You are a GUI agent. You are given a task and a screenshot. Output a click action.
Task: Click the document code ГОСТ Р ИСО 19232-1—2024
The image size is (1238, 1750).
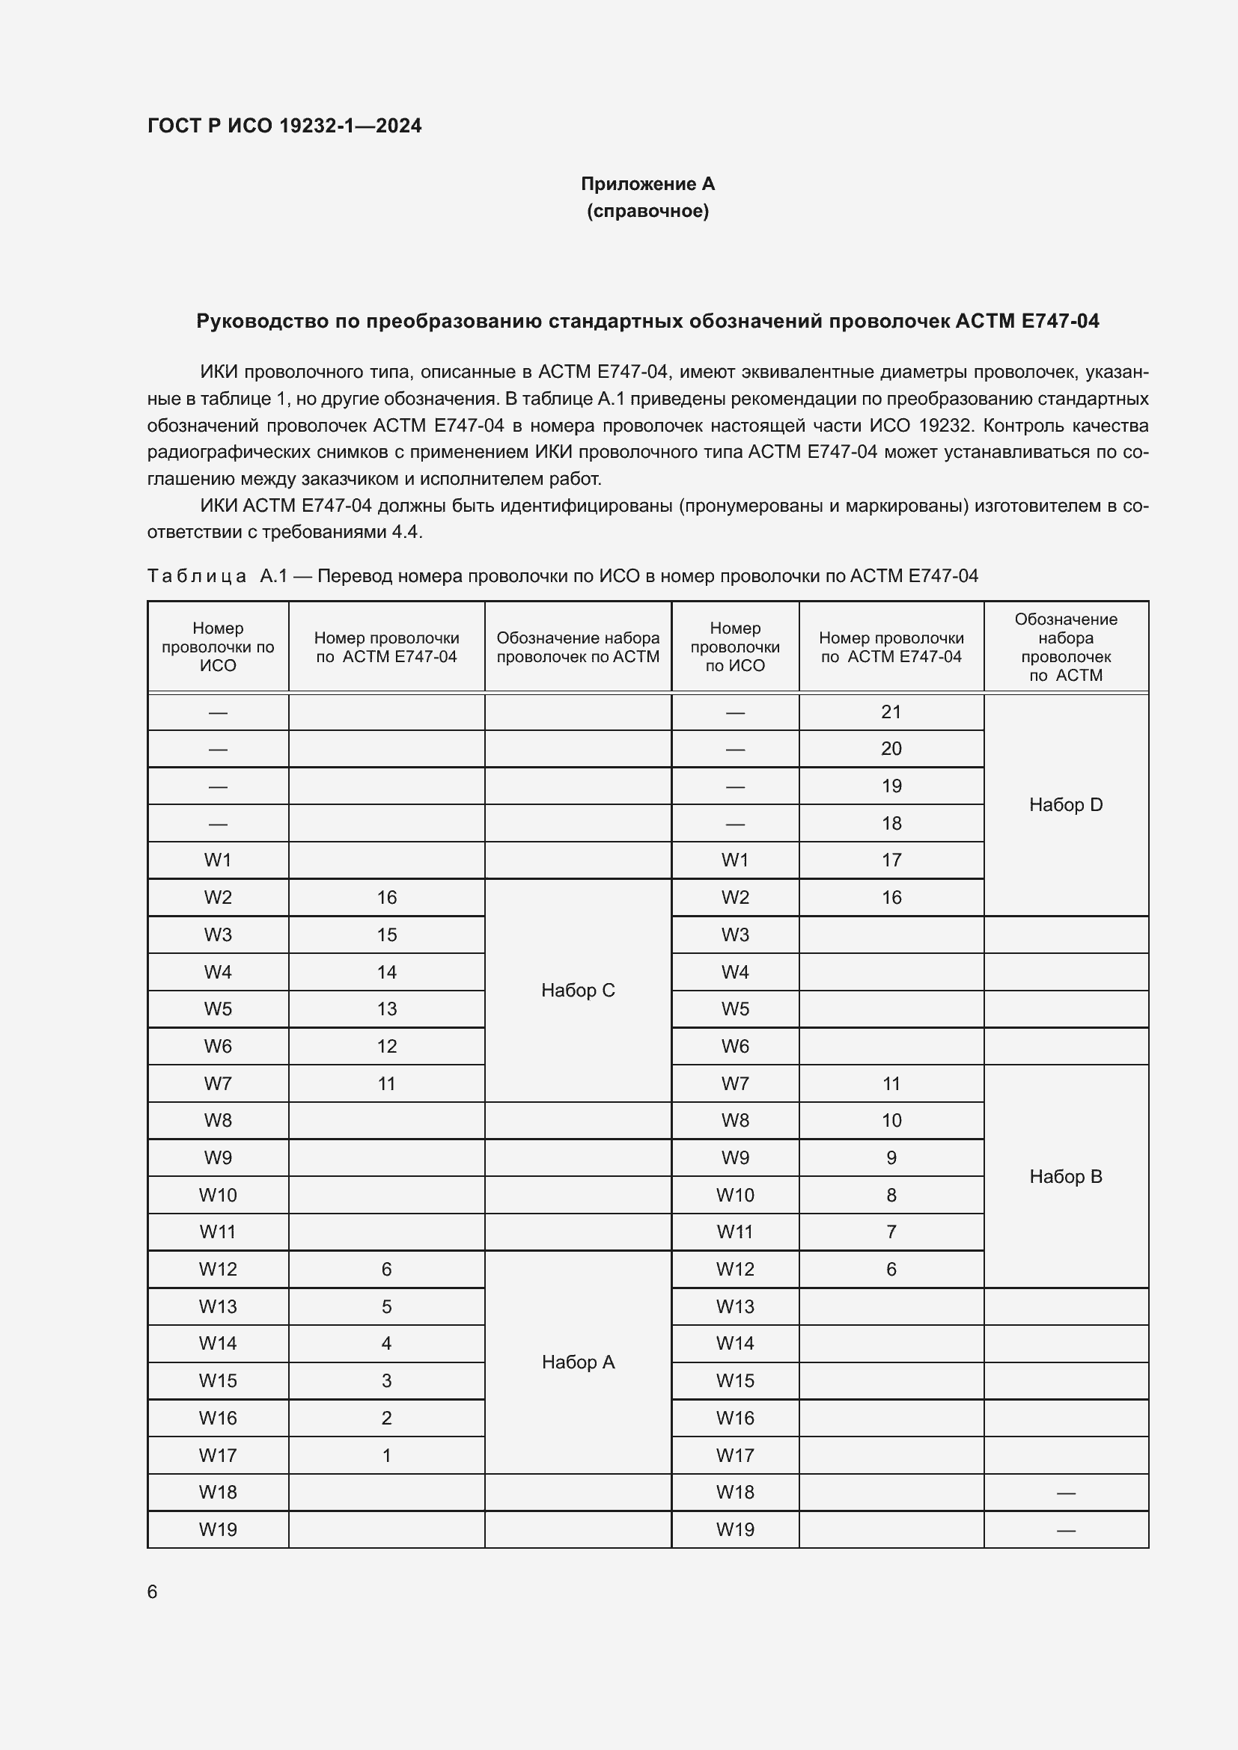(284, 126)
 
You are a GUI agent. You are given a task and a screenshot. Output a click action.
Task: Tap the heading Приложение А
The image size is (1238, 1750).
(647, 184)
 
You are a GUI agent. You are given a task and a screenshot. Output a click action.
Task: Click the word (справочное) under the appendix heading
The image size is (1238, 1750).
(647, 211)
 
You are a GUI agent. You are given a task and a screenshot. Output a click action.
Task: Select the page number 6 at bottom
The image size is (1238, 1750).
(153, 1591)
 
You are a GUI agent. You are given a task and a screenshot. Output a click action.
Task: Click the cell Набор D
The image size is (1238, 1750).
(1065, 805)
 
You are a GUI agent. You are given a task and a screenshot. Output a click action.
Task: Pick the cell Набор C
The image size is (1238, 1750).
(577, 990)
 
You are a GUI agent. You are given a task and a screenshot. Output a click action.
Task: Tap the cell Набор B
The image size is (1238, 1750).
(1065, 1176)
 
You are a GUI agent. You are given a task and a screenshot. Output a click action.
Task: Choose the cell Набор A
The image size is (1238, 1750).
(577, 1362)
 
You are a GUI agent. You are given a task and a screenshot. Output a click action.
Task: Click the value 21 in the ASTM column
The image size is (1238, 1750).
(891, 712)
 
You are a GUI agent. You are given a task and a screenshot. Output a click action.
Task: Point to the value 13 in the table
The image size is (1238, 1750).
(386, 1009)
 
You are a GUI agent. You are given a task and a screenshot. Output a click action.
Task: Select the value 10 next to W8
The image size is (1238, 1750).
(891, 1121)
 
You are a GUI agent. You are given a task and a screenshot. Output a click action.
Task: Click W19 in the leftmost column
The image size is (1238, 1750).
(218, 1530)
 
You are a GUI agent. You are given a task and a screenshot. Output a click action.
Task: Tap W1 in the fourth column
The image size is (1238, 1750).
(734, 860)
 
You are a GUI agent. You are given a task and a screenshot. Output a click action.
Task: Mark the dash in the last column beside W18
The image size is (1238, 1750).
(1065, 1493)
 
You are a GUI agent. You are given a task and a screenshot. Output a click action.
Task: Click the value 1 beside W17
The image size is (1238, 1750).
(386, 1455)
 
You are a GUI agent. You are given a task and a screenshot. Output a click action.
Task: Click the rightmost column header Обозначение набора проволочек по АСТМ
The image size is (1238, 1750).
(1065, 647)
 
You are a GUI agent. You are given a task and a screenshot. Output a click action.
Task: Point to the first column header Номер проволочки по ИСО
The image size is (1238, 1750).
(218, 647)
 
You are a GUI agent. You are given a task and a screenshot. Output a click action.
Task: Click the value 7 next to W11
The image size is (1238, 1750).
(891, 1232)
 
